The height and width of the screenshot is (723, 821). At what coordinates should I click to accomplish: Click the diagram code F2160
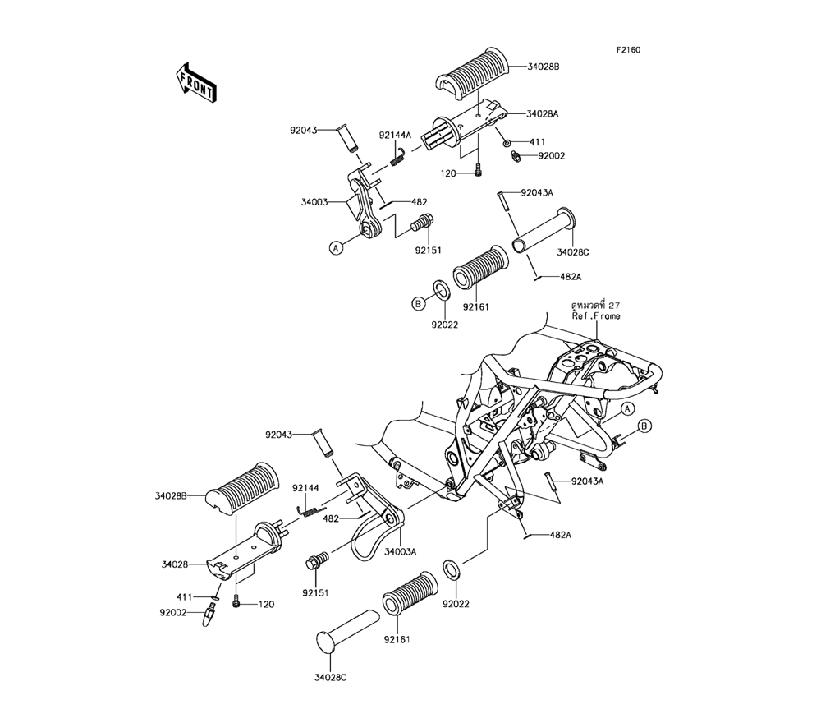point(629,50)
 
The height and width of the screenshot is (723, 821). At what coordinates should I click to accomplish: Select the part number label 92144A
point(395,135)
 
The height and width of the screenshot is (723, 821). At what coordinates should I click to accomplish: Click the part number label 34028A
point(542,114)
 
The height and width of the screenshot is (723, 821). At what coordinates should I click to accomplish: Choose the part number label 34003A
point(401,551)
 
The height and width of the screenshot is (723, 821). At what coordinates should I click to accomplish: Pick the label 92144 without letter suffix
point(306,487)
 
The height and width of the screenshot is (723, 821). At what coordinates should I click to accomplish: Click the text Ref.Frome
point(595,316)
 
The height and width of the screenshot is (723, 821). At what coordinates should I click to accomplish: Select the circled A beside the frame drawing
point(626,408)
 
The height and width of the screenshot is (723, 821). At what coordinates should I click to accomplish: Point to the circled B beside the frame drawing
point(644,425)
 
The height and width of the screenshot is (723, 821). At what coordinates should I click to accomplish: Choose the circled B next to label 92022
point(417,304)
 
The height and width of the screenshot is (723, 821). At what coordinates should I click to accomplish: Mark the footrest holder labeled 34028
point(246,549)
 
